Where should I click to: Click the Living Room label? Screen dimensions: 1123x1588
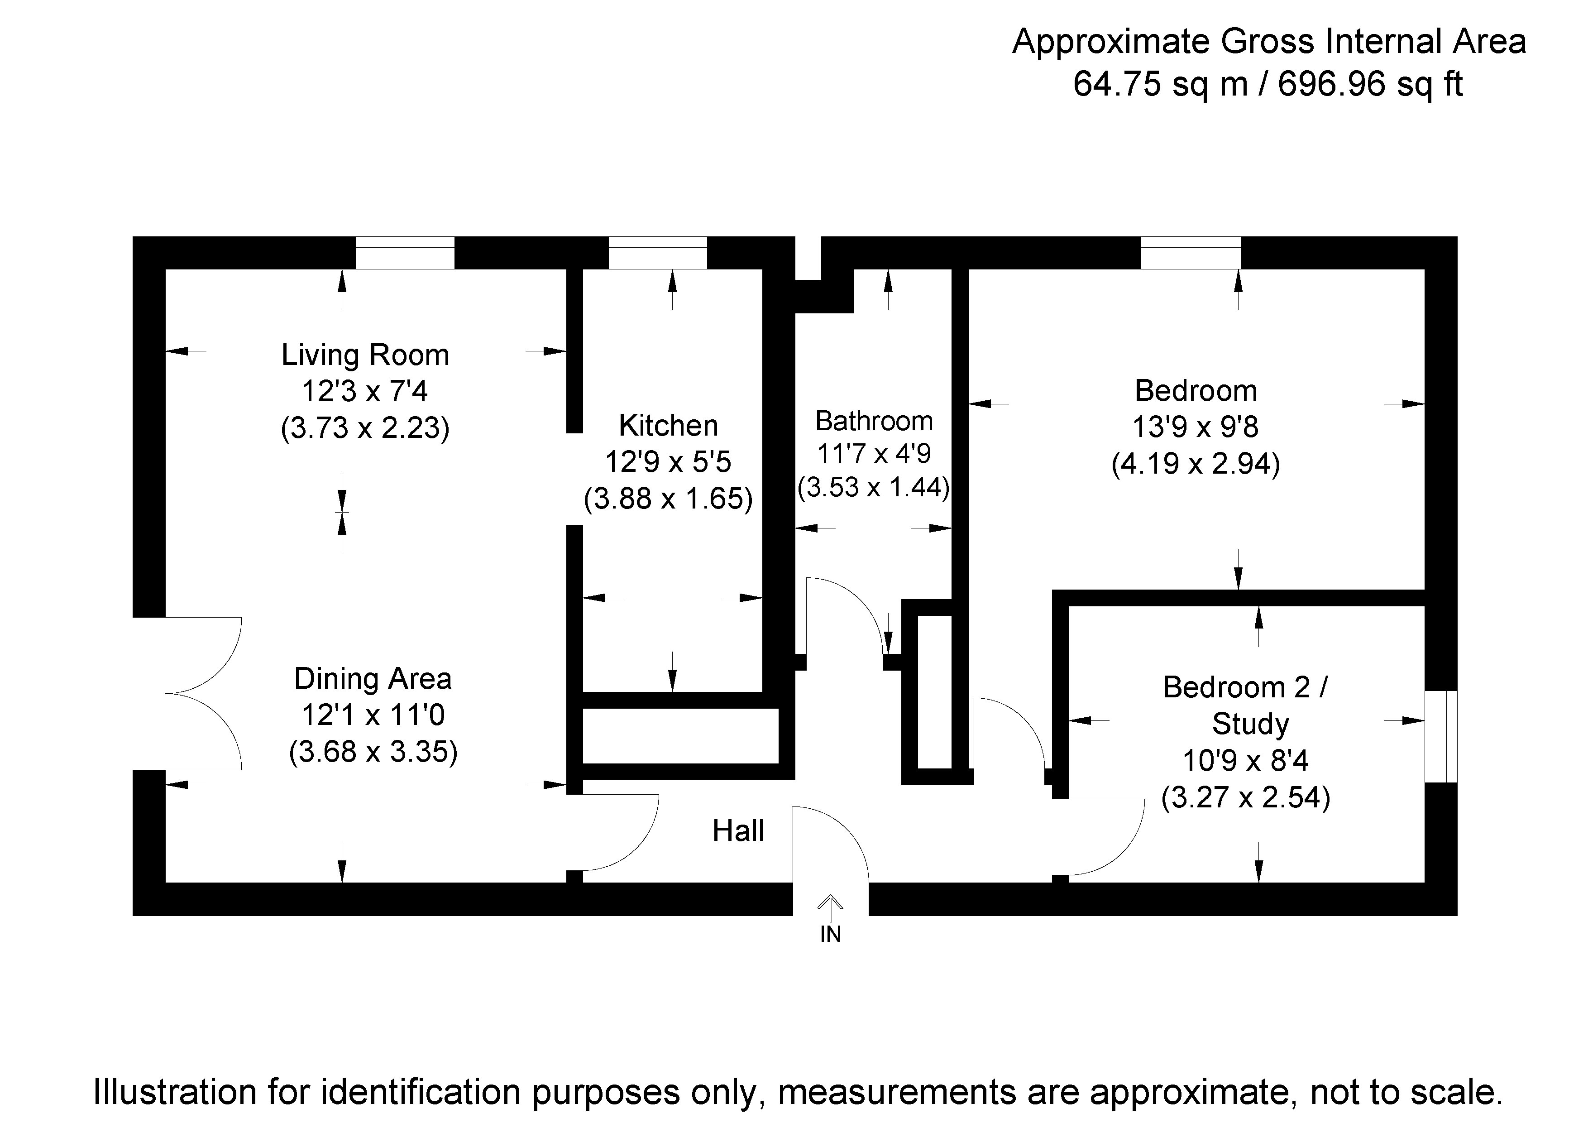coord(365,355)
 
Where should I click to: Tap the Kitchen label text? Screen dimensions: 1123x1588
coord(668,426)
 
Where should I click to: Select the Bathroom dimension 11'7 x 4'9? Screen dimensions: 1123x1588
coord(874,454)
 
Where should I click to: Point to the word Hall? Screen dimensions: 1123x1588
coord(738,831)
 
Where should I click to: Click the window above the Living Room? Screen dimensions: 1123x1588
coord(405,253)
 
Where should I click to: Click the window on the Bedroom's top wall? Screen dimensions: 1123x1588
coord(1190,253)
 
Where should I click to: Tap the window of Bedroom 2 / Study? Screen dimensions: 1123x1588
coord(1441,736)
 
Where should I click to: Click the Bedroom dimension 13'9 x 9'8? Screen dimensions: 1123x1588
coord(1195,427)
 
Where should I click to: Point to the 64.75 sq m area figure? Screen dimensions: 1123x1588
coord(1161,84)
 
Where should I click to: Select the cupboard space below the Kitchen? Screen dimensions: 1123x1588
coord(680,735)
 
